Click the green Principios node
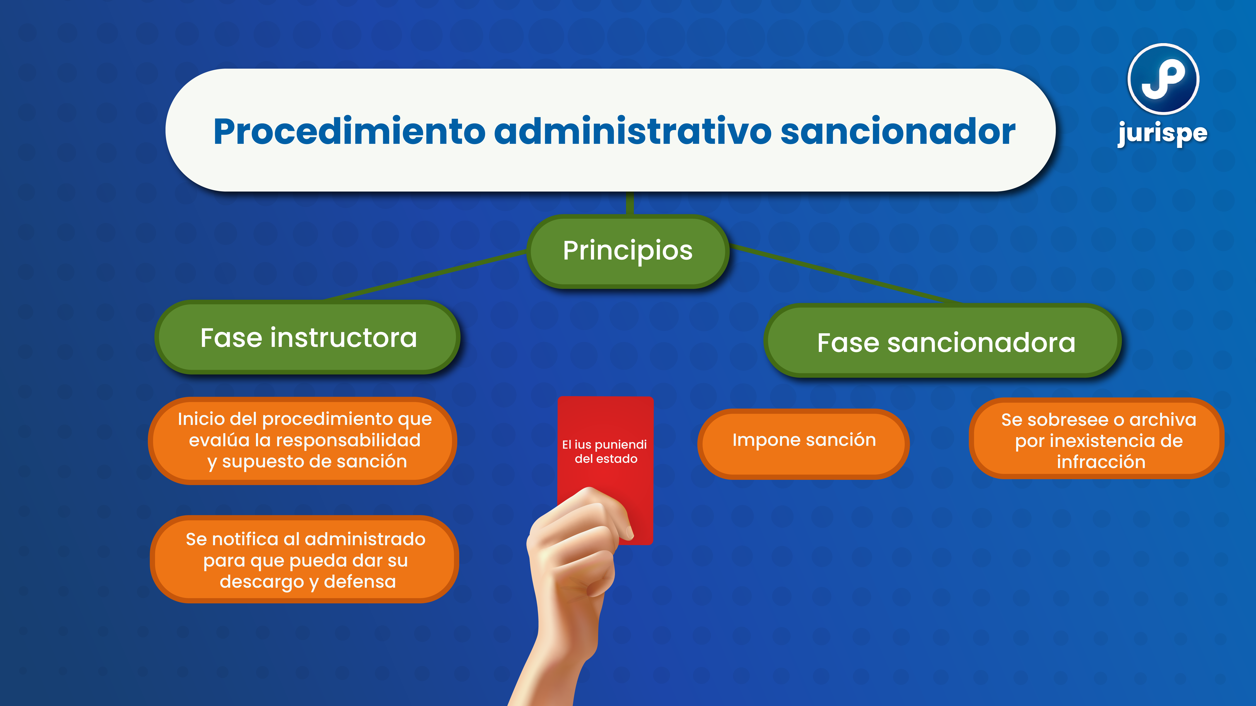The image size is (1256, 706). click(x=628, y=251)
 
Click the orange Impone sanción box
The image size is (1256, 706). click(x=804, y=441)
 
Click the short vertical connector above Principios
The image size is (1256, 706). click(x=630, y=204)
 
